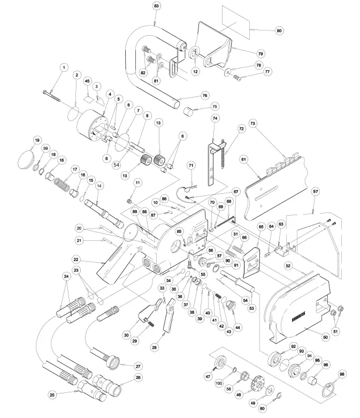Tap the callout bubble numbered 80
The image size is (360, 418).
(279, 31)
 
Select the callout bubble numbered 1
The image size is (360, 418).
(64, 67)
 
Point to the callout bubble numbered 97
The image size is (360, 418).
(315, 191)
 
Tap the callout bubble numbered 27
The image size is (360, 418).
(137, 366)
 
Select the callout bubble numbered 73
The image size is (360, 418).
(253, 123)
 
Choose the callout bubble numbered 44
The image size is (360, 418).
(237, 327)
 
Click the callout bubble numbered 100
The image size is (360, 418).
(218, 384)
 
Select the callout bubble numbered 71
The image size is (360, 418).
(192, 166)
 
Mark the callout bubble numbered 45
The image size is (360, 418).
(87, 81)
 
